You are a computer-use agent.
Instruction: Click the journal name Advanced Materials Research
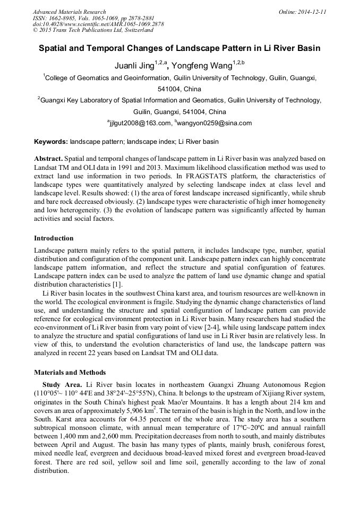[x=69, y=12]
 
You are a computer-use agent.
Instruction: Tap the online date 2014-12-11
[x=311, y=12]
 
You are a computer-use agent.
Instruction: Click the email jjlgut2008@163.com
[x=140, y=123]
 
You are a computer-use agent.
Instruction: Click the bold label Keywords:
[x=51, y=142]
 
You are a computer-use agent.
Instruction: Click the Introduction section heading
[x=54, y=238]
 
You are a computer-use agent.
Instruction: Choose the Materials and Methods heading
[x=70, y=372]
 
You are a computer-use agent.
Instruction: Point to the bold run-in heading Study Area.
[x=62, y=384]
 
